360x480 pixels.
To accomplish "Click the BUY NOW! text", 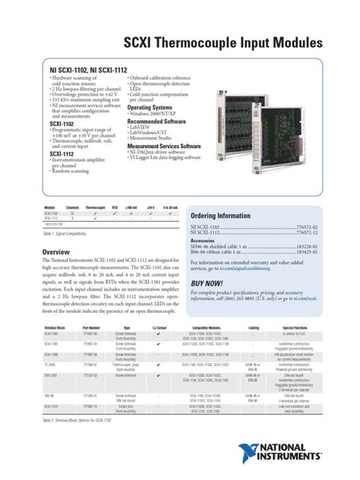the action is pyautogui.click(x=207, y=282).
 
